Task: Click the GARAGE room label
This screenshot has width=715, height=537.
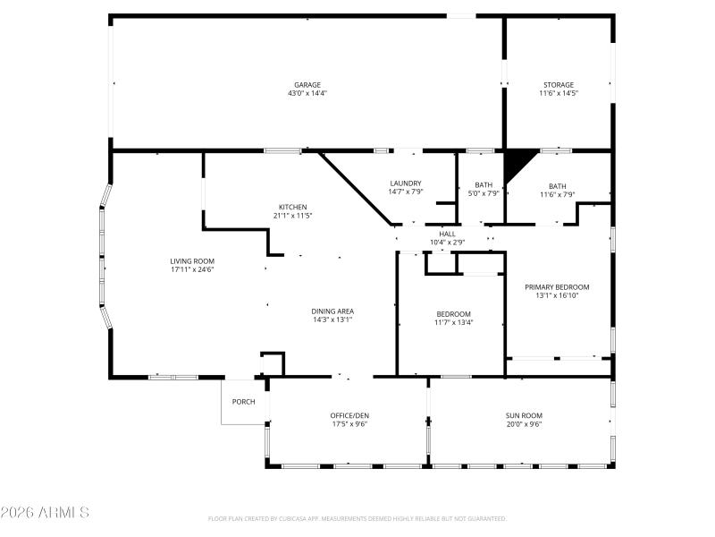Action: point(307,85)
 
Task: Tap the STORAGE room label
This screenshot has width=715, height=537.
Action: point(559,85)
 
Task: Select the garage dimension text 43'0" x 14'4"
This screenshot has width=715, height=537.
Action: point(307,93)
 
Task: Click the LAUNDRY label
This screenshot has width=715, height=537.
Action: point(405,183)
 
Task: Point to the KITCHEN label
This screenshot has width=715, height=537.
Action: point(292,207)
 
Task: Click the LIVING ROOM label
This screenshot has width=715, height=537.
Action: point(192,260)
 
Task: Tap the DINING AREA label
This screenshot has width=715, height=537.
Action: point(332,311)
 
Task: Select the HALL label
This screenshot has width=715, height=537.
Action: point(447,234)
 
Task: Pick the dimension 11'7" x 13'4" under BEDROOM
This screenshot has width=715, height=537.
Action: point(454,322)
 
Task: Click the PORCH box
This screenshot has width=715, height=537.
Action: point(244,402)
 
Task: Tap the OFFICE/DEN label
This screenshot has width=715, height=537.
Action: point(349,415)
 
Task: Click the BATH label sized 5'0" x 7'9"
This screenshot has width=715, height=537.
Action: point(483,185)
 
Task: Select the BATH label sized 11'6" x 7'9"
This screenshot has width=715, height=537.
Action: point(558,185)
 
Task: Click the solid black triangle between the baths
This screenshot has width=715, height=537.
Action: point(517,163)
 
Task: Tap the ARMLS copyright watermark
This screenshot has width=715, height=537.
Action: point(45,513)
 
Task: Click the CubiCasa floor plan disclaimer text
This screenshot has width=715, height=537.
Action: point(357,518)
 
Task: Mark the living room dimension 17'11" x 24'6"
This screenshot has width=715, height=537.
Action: point(192,269)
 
